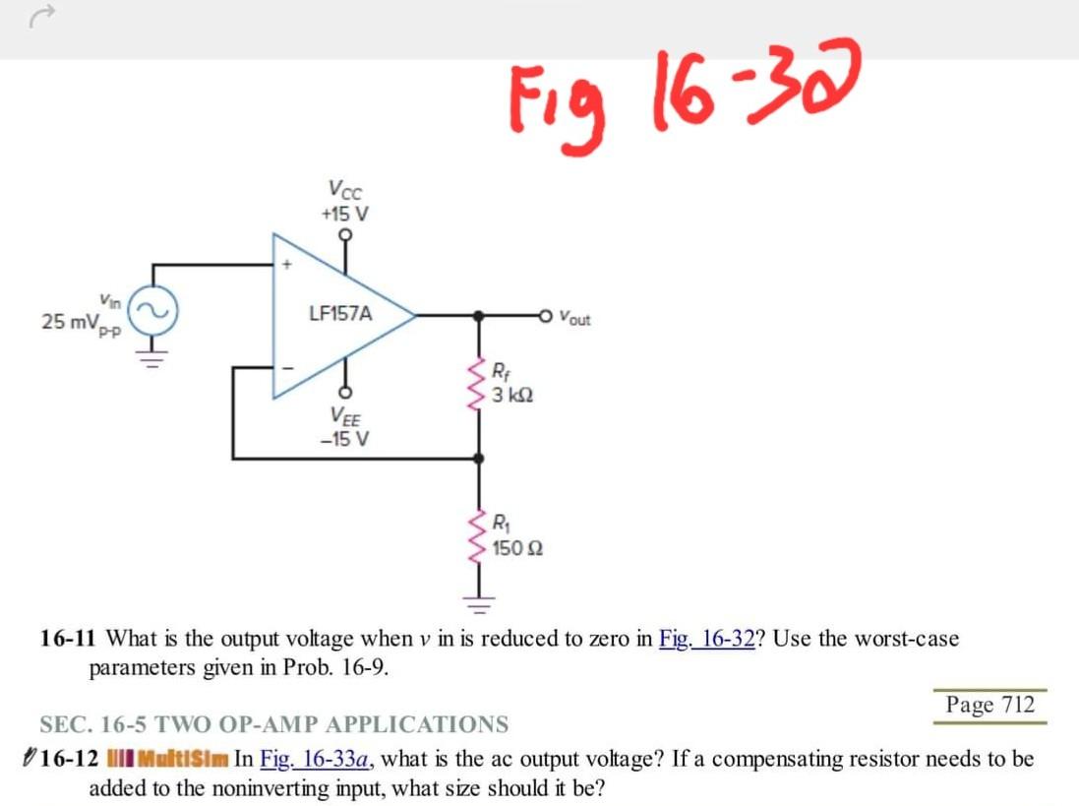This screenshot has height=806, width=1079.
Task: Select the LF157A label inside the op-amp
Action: [x=340, y=314]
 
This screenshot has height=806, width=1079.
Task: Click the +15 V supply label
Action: [x=344, y=214]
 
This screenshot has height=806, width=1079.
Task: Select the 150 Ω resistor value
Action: [x=517, y=548]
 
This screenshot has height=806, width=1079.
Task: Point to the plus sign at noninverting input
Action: [x=289, y=264]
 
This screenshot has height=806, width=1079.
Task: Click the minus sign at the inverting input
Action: [x=289, y=370]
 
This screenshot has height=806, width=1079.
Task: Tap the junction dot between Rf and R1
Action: [x=479, y=459]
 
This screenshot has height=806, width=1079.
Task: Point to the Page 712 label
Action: [x=989, y=705]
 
